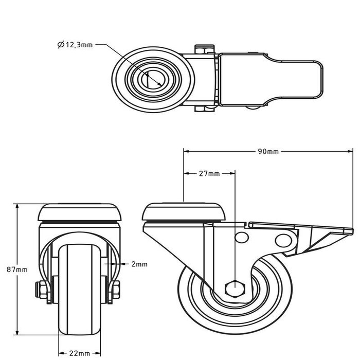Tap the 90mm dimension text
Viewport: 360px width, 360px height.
268,151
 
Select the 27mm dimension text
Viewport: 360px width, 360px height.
209,173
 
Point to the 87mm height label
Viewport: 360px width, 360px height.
17,269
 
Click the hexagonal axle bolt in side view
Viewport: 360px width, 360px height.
235,288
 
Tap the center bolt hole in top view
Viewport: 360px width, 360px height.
153,79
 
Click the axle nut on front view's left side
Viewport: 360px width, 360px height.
40,290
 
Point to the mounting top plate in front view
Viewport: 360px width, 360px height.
80,211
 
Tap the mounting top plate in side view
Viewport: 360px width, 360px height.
184,211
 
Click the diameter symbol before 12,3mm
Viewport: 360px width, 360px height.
61,45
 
